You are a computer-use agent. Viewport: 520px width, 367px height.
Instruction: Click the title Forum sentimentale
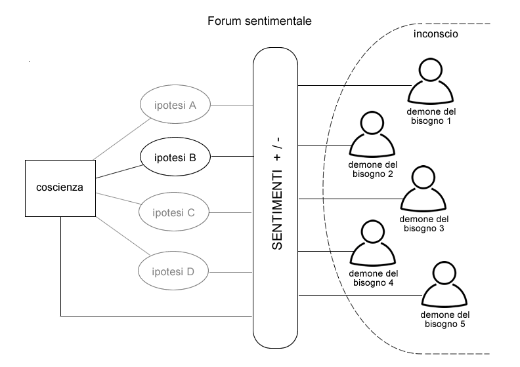[259, 21]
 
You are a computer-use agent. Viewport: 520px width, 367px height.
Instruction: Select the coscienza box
[60, 187]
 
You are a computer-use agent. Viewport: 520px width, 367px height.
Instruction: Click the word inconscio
[435, 34]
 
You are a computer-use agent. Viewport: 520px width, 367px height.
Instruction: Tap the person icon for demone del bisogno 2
[372, 136]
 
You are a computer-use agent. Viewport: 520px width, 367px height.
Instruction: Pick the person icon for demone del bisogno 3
[424, 190]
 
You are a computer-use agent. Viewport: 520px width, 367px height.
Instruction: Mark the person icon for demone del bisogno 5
[444, 286]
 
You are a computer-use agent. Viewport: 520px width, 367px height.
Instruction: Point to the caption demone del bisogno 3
[424, 223]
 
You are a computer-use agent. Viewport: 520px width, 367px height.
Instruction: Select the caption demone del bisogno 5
[444, 319]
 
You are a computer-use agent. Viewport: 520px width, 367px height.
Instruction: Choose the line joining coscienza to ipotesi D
[122, 235]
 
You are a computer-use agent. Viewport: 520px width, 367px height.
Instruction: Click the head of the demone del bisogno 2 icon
[372, 123]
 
